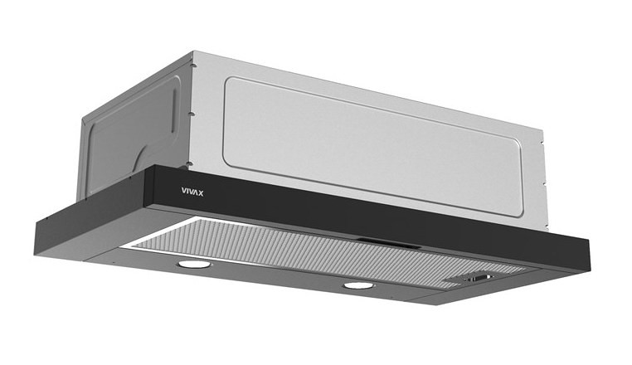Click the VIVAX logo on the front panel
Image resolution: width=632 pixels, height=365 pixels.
[x=192, y=192]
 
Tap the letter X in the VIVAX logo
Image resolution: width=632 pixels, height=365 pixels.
[x=201, y=193]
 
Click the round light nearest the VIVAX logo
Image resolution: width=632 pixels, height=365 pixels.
[x=194, y=265]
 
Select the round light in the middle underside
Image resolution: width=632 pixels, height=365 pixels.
[x=358, y=286]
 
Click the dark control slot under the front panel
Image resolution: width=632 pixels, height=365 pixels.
[x=388, y=243]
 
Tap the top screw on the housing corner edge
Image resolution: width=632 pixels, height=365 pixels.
[x=193, y=65]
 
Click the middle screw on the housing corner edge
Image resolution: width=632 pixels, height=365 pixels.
[x=192, y=114]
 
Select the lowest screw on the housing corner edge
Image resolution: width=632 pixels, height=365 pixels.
[x=187, y=164]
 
